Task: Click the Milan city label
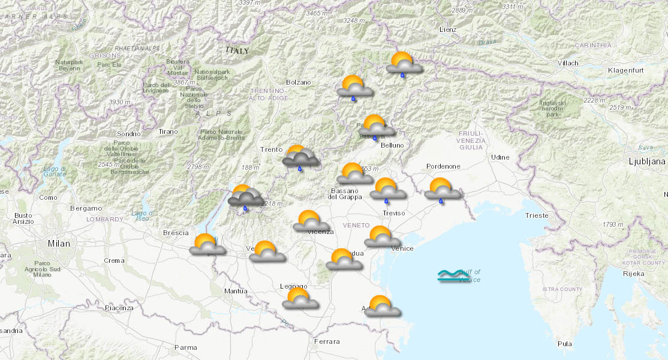[59, 244]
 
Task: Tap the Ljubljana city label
[646, 161]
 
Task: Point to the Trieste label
[536, 215]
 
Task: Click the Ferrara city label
[326, 341]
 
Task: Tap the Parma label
[185, 347]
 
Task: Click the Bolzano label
[298, 82]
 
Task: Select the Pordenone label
[443, 166]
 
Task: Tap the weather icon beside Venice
[381, 236]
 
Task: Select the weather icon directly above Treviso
[387, 188]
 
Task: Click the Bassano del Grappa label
[345, 194]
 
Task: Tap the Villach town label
[567, 63]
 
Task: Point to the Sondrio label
[129, 134]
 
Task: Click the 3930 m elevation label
[119, 102]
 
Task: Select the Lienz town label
[447, 29]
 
